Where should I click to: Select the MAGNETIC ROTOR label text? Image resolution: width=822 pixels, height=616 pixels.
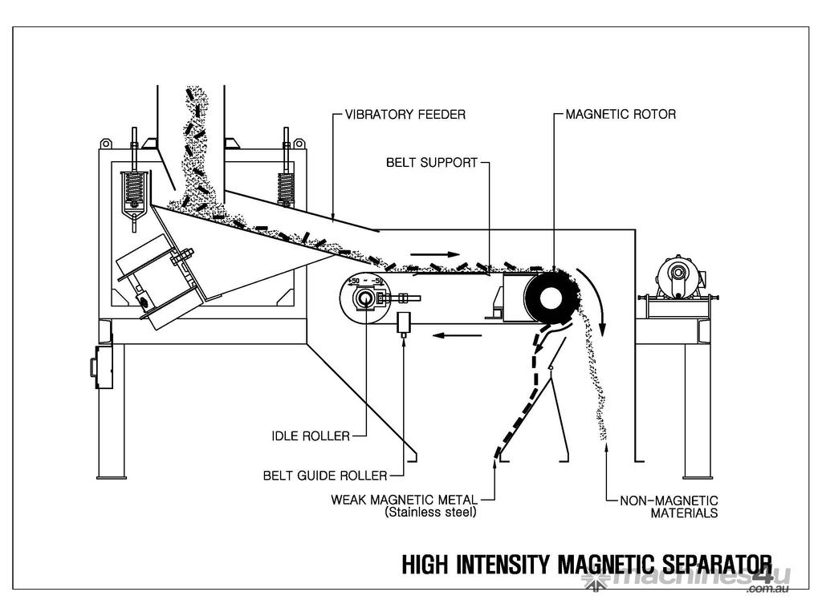pos(621,115)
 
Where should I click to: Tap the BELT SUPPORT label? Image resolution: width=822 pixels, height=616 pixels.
pos(432,162)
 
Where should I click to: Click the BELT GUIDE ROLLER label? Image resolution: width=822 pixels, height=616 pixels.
pos(324,475)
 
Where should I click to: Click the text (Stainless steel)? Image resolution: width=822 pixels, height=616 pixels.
pos(430,512)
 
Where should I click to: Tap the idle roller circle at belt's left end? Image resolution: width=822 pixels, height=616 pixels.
pos(364,298)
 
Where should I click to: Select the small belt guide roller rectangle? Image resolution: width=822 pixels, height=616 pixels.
pos(404,322)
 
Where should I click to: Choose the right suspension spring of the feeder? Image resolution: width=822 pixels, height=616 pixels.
pos(285,188)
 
